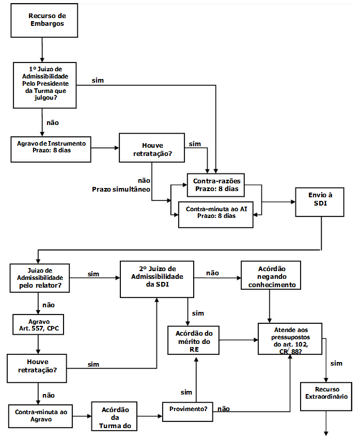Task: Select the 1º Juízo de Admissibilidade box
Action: [45, 85]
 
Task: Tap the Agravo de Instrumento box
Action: [51, 147]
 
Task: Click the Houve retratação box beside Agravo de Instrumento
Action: [151, 149]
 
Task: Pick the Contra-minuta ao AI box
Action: [216, 213]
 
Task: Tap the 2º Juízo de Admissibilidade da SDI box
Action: [157, 279]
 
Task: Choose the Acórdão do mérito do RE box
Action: [194, 340]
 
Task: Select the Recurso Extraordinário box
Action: [326, 396]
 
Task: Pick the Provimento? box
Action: [189, 409]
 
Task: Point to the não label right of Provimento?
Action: [224, 408]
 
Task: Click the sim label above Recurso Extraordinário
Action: [336, 364]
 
